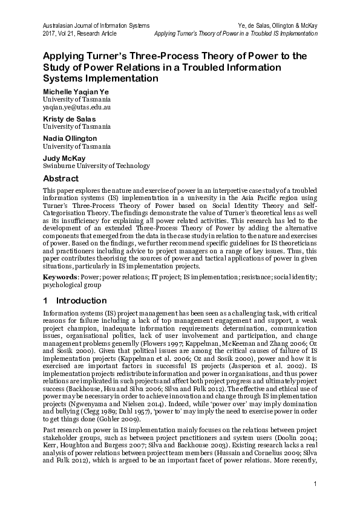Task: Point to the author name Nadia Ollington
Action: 70,138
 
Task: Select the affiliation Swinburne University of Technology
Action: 96,166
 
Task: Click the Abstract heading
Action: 61,179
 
